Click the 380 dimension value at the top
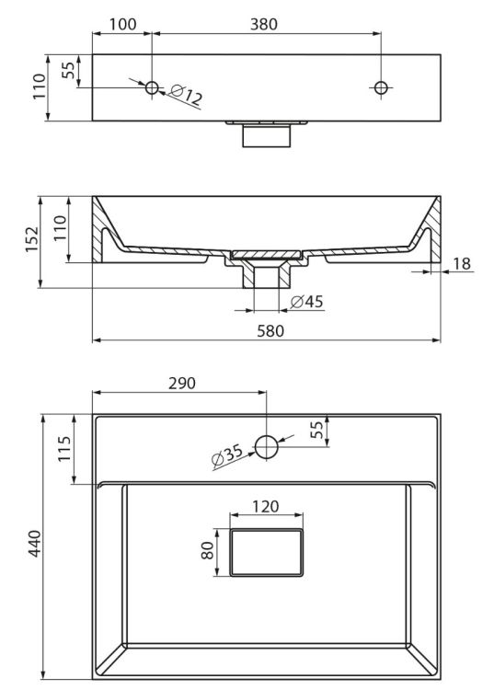tap(264, 24)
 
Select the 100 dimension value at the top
tap(122, 24)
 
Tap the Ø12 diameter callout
tap(186, 95)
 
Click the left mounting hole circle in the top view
tap(152, 87)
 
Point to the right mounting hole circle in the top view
tap(381, 87)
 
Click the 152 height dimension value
tap(31, 239)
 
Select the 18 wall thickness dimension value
tap(462, 264)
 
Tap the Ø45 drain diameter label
tap(306, 302)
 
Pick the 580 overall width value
tap(270, 331)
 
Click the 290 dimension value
tap(182, 384)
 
